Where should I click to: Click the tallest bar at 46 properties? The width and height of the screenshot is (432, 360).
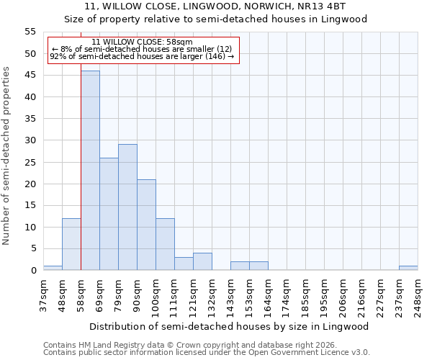(90, 171)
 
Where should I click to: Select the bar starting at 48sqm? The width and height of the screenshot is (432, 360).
(71, 244)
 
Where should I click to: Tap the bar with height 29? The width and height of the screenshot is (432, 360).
(127, 207)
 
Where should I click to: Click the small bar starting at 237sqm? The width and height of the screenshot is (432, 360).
(408, 268)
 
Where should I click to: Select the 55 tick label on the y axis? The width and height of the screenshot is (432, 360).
(30, 32)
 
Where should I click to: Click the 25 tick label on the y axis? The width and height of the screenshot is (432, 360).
(30, 162)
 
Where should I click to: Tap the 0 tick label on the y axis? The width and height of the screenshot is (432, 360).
(32, 271)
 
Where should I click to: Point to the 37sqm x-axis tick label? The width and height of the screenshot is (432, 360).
(43, 294)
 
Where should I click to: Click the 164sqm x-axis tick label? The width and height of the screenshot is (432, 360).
(268, 296)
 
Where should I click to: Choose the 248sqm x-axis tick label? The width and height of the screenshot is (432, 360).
(418, 296)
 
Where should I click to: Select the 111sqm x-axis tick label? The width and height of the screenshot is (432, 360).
(174, 296)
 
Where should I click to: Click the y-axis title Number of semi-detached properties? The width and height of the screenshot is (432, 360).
(6, 156)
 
